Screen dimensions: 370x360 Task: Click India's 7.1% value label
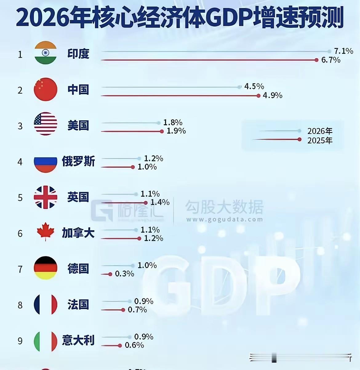coord(343,51)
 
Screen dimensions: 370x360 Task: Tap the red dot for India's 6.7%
coord(316,60)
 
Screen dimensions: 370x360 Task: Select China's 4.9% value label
coord(272,95)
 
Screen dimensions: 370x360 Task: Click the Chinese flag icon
coord(46,90)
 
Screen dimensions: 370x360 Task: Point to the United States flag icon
coord(46,124)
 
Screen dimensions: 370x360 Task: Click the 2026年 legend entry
coord(320,131)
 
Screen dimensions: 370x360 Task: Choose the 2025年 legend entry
coord(320,140)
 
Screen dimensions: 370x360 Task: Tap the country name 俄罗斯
coord(78,161)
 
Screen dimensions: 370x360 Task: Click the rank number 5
coord(20,198)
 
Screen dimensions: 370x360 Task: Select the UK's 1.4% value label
coord(160,202)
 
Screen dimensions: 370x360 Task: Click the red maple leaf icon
coord(46,231)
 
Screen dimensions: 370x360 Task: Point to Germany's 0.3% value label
coord(124,274)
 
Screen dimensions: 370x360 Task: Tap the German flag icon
coord(46,268)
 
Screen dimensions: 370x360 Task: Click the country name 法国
coord(78,304)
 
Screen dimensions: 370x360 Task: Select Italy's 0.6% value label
coord(134,345)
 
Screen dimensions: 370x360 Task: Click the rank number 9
coord(20,341)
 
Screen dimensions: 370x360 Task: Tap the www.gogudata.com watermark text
coord(224,220)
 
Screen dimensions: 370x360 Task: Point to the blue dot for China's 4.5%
coord(239,87)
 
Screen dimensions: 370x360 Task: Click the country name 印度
coord(78,54)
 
